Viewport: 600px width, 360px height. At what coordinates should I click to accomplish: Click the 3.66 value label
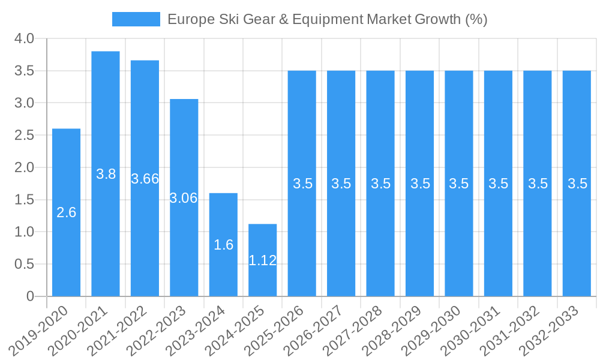[x=145, y=179]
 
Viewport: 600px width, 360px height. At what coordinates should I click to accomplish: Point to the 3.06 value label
[x=184, y=198]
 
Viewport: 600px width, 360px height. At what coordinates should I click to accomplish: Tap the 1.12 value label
[x=263, y=260]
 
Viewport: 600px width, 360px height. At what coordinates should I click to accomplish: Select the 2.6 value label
[x=66, y=212]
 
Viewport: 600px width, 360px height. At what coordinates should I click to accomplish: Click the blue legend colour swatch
[x=136, y=19]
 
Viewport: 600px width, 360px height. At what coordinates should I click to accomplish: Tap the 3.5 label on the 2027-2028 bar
[x=380, y=184]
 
